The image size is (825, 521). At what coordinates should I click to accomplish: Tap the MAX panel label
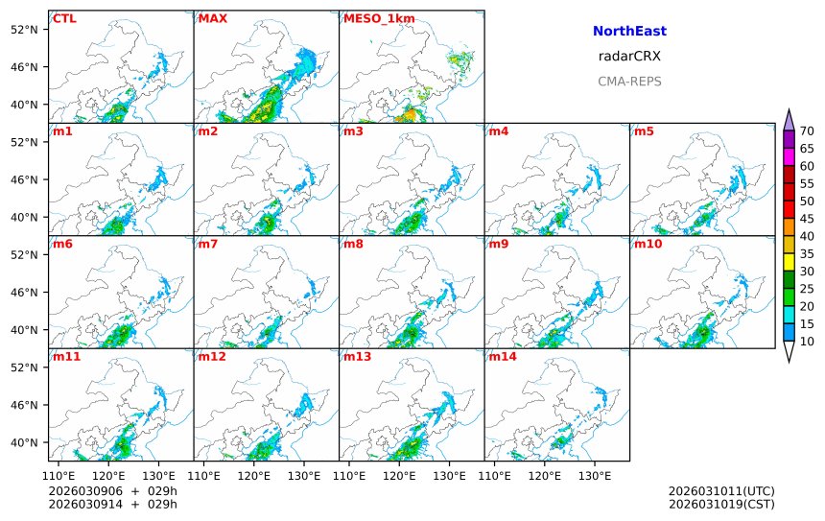coord(212,18)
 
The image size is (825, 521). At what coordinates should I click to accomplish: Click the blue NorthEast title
coord(629,32)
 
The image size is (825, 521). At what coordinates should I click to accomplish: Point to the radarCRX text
coord(629,57)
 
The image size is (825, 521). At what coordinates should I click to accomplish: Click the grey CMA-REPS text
coord(629,82)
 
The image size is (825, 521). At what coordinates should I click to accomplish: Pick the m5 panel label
coord(643,130)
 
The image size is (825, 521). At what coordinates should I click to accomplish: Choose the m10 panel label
coord(648,244)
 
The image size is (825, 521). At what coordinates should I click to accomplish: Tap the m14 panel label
coord(502,357)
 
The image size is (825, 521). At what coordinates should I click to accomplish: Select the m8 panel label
coord(353,244)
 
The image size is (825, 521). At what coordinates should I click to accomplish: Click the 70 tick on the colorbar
coord(807,131)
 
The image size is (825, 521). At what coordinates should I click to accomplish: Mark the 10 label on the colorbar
coord(807,341)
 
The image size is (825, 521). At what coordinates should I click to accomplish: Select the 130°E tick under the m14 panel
coord(595,475)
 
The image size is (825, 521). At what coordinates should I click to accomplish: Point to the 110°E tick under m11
coord(60,475)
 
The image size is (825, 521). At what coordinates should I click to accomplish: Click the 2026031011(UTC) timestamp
coord(721,491)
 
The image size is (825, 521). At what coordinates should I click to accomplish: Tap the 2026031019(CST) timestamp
coord(721,504)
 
